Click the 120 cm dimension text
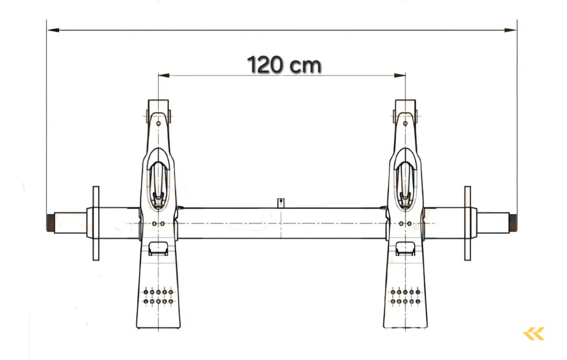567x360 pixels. pyautogui.click(x=283, y=65)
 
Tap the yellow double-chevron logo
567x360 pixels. pyautogui.click(x=534, y=333)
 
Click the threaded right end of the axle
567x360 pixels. pyautogui.click(x=513, y=223)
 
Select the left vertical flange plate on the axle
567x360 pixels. pyautogui.click(x=96, y=223)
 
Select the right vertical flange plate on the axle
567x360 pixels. pyautogui.click(x=467, y=223)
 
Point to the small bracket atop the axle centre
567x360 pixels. pyautogui.click(x=281, y=202)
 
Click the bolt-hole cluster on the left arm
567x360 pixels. pyautogui.click(x=158, y=296)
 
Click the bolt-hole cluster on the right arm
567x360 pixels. pyautogui.click(x=405, y=296)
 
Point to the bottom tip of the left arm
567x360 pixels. pyautogui.click(x=158, y=327)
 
